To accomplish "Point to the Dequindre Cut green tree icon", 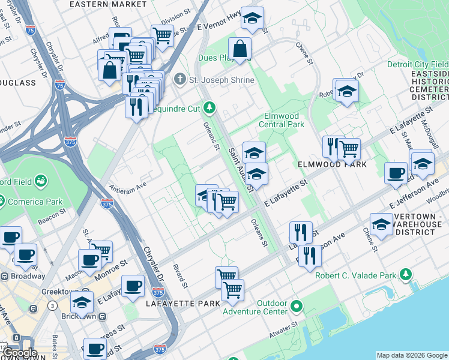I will tap(209, 108).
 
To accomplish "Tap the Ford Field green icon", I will tap(41, 180).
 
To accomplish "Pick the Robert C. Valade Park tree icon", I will tap(406, 275).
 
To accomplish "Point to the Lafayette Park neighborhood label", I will tap(183, 304).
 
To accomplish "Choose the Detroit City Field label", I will tap(417, 64).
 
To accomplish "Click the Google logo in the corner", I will tap(20, 353).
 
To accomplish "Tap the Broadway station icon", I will tap(5, 276).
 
